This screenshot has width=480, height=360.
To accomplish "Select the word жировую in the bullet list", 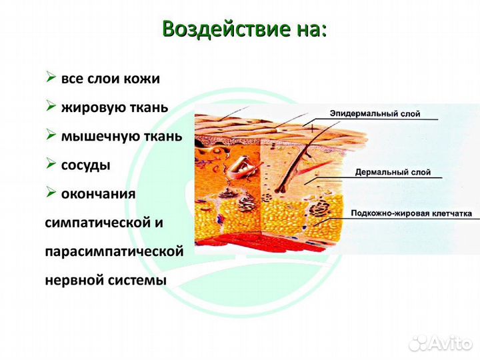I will [x=87, y=107].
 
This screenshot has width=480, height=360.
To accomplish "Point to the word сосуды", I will [x=85, y=165].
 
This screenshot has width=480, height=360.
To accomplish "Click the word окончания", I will [x=98, y=194].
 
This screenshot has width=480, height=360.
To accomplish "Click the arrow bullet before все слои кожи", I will [x=51, y=77].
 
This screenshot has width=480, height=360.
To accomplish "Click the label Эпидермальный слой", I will [x=375, y=114].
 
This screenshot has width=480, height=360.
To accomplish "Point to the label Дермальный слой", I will [x=393, y=172].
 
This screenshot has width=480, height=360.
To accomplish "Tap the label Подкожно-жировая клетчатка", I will [x=411, y=214].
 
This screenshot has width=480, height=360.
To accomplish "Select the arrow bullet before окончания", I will [x=51, y=193].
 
